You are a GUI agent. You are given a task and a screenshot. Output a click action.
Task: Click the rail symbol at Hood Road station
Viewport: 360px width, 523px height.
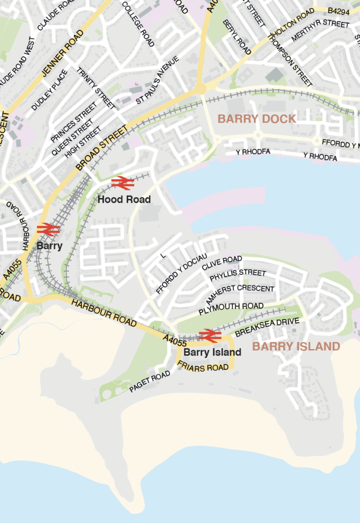pyautogui.click(x=122, y=182)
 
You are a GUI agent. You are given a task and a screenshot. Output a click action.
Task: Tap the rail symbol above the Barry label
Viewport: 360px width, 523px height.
pyautogui.click(x=49, y=229)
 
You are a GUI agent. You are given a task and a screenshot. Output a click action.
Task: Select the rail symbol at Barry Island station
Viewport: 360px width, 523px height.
pyautogui.click(x=210, y=336)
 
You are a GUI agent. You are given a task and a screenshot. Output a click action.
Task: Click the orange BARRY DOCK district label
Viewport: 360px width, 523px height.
pyautogui.click(x=257, y=119)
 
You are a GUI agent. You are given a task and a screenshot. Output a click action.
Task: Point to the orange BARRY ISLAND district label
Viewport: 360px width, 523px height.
pyautogui.click(x=296, y=347)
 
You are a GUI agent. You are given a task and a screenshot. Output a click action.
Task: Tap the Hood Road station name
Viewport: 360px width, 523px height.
pyautogui.click(x=124, y=199)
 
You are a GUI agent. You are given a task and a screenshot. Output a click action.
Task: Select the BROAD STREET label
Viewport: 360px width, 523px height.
pyautogui.click(x=102, y=148)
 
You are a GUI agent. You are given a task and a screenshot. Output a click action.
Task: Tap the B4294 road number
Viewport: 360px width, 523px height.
pyautogui.click(x=339, y=10)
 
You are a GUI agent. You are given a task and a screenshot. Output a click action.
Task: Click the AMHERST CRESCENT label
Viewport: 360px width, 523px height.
pyautogui.click(x=240, y=295)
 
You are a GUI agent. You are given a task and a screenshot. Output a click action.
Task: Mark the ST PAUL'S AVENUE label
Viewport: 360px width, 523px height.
pyautogui.click(x=157, y=81)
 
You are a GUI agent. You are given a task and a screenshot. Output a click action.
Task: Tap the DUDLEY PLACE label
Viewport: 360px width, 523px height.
pyautogui.click(x=50, y=90)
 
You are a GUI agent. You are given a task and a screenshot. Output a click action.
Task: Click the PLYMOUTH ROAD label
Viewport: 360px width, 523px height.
pyautogui.click(x=231, y=309)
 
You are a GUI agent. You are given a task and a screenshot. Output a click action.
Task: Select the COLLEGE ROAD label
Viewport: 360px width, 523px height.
pyautogui.click(x=138, y=23)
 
